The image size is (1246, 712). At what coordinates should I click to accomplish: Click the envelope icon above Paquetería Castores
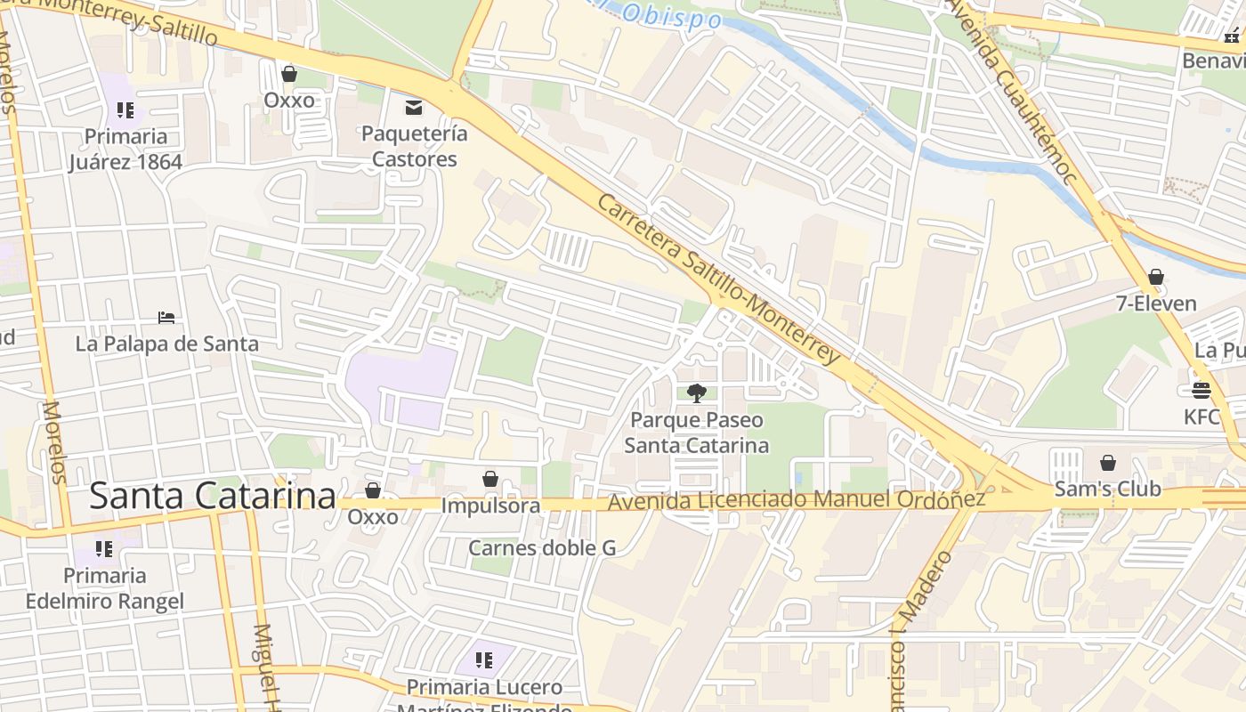(414, 108)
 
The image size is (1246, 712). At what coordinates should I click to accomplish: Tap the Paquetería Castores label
(414, 147)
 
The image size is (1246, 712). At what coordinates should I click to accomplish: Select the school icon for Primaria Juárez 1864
(125, 110)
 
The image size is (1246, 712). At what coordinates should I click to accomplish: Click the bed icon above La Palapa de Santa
(166, 317)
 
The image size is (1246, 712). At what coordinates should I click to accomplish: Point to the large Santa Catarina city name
(213, 496)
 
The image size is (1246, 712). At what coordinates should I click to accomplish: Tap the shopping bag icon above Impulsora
(490, 479)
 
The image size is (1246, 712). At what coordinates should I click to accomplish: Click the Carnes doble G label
(542, 547)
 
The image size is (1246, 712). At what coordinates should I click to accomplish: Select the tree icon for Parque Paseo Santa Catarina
(697, 392)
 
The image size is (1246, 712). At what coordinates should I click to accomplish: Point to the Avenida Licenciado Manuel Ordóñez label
(796, 501)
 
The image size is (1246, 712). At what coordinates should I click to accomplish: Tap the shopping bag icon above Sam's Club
(1108, 463)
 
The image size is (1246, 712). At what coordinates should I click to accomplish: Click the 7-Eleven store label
(1156, 303)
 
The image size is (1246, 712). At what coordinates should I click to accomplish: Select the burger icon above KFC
(1201, 390)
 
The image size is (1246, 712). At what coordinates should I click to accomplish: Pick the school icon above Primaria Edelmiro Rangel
(104, 549)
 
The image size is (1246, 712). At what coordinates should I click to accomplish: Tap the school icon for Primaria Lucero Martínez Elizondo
(484, 659)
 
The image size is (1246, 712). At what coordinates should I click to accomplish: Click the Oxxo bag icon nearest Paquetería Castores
(289, 73)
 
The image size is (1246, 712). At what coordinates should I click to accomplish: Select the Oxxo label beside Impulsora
(373, 516)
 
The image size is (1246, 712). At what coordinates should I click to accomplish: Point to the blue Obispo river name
(659, 15)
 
